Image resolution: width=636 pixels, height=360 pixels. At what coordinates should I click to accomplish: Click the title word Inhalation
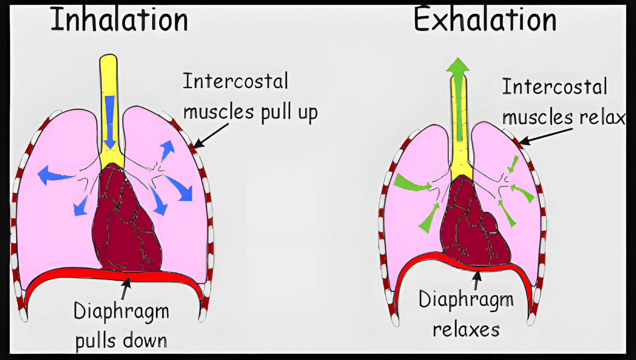(119, 19)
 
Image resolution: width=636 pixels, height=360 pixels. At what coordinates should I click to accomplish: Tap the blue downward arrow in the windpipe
(110, 122)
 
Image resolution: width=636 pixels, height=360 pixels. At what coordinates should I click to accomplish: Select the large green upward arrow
(458, 99)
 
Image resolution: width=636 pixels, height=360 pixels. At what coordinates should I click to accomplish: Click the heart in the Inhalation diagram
(127, 219)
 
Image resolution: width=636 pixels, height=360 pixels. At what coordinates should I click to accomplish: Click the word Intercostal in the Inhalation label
(235, 81)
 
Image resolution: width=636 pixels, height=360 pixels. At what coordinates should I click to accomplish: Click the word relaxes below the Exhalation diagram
(466, 330)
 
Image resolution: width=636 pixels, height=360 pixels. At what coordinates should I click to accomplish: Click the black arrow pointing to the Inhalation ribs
(211, 136)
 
